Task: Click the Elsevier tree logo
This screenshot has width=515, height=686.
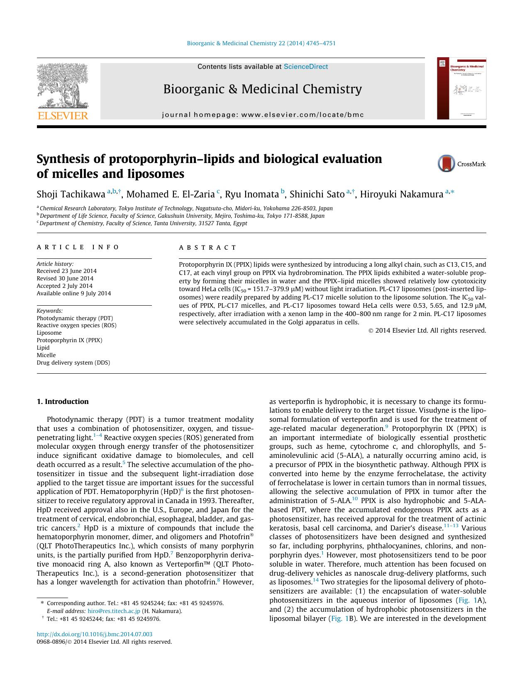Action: pos(62,87)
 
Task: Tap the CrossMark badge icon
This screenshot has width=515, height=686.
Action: pos(447,163)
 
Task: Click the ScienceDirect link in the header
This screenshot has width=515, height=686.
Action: pos(306,66)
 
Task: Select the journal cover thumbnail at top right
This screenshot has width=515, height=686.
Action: pos(461,88)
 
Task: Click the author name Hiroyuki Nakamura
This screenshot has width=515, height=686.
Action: pos(401,194)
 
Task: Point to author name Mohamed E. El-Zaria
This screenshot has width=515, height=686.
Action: pos(170,194)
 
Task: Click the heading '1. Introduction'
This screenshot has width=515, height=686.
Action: pos(63,401)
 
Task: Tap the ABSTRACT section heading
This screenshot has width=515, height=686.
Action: pos(207,248)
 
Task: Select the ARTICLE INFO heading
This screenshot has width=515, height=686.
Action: pos(78,248)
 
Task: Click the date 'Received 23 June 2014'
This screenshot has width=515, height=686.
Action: pos(66,271)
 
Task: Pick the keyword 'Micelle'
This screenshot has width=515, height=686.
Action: pos(46,355)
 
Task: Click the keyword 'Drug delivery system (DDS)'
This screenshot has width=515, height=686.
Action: pos(73,362)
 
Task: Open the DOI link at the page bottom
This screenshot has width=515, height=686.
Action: pos(94,634)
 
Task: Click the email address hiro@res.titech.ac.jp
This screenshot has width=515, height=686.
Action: pos(114,611)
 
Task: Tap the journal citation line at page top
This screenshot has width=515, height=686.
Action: pos(261,43)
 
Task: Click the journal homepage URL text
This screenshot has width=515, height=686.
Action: pos(263,114)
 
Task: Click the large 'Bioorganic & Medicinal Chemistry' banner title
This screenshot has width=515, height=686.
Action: pos(262,89)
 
